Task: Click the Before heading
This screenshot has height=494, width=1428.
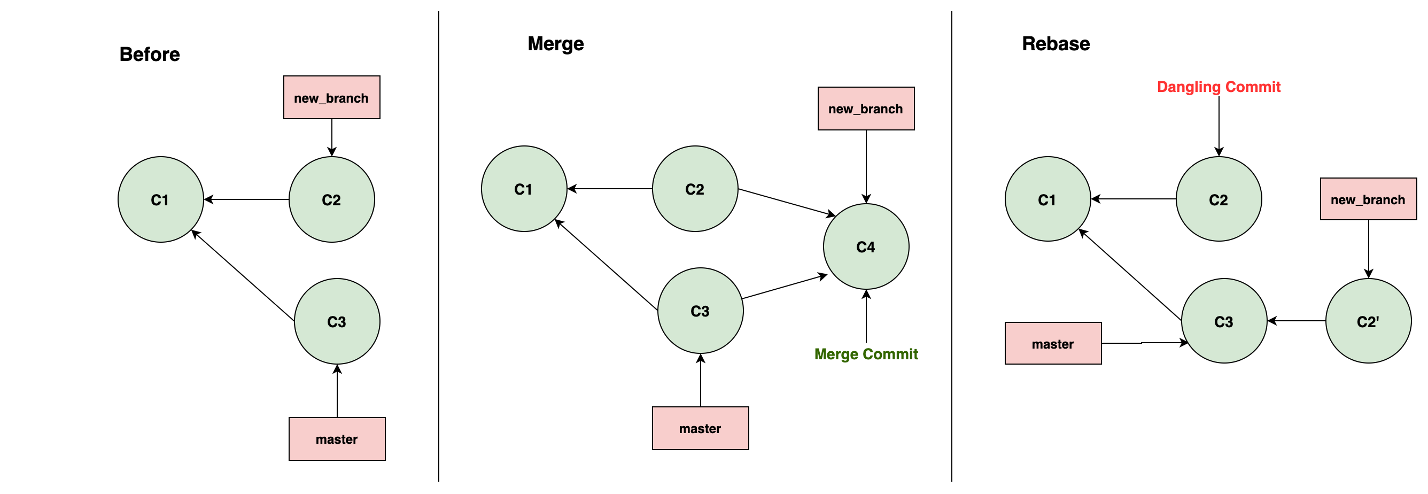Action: [150, 55]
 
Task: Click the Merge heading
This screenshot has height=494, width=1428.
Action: [555, 44]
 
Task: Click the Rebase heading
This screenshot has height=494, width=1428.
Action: [1056, 44]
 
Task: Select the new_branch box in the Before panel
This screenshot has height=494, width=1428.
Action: [331, 98]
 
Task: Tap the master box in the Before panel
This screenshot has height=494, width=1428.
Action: [337, 438]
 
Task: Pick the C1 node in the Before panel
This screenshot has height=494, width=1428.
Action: [161, 199]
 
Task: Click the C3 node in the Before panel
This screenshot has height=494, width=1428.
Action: [337, 321]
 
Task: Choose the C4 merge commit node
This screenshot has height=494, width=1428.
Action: [866, 246]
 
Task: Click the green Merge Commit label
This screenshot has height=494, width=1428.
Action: [866, 354]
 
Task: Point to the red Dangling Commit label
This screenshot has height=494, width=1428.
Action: [1219, 87]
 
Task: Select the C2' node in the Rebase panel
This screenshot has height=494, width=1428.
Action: [1368, 321]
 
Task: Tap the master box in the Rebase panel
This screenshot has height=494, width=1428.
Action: [1053, 344]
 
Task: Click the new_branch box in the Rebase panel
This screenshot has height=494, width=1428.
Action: [1368, 199]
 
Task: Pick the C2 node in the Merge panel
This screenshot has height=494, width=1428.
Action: [695, 189]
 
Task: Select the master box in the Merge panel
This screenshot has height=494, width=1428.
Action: [700, 428]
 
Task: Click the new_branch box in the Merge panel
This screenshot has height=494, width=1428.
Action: [866, 109]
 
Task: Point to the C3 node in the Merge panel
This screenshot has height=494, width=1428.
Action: [700, 311]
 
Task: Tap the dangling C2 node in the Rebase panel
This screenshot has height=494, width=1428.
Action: [1219, 199]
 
